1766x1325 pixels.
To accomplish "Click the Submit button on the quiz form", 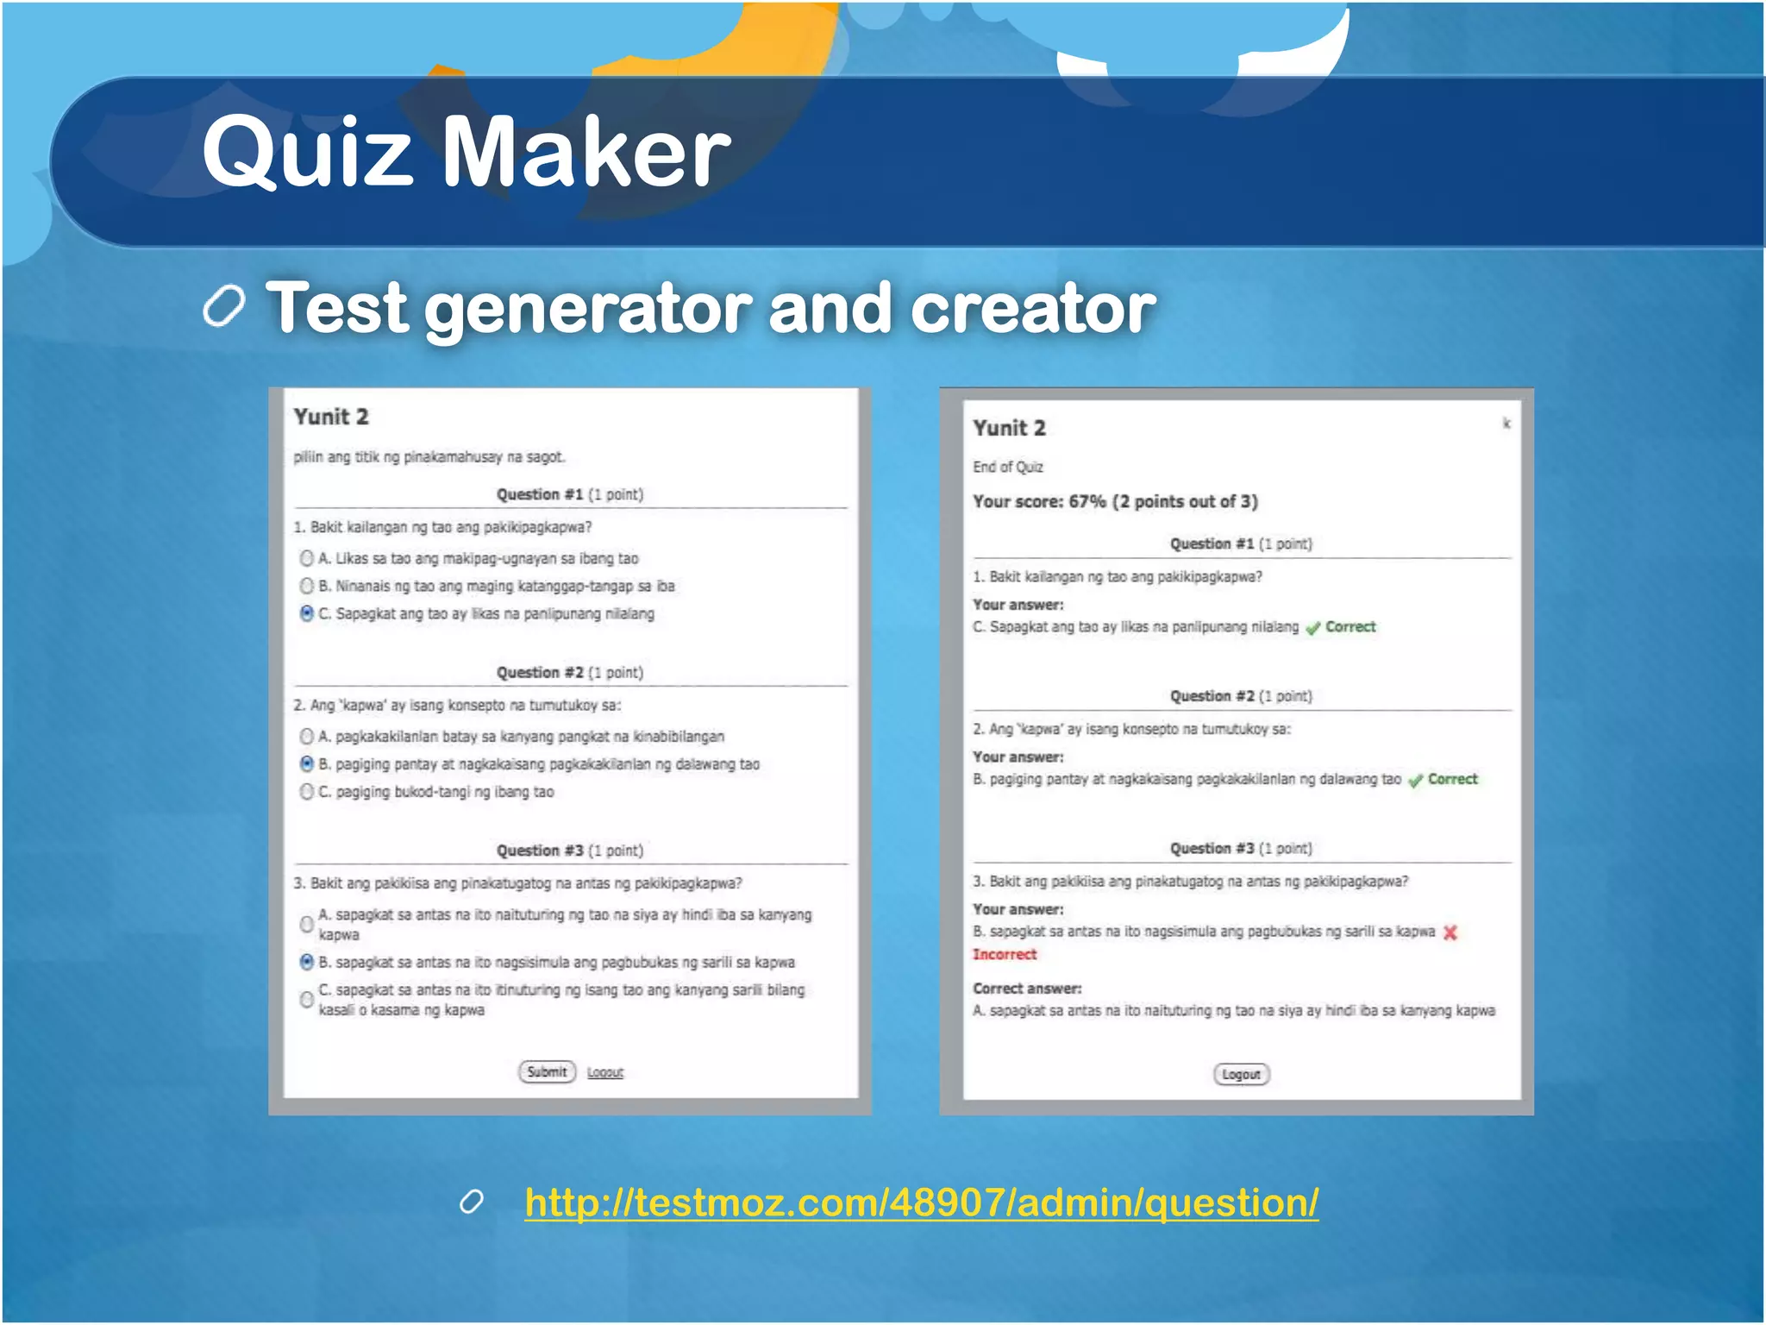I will pyautogui.click(x=547, y=1072).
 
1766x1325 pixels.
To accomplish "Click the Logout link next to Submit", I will pyautogui.click(x=605, y=1073).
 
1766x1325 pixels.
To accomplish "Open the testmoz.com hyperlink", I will pyautogui.click(x=921, y=1203).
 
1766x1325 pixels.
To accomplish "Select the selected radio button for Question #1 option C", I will pyautogui.click(x=306, y=613).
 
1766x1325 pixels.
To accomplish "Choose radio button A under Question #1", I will pyautogui.click(x=306, y=558).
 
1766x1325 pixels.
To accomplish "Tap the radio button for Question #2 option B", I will pyautogui.click(x=306, y=763).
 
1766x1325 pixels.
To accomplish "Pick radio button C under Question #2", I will pyautogui.click(x=306, y=791).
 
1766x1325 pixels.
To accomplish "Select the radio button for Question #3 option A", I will pyautogui.click(x=306, y=924).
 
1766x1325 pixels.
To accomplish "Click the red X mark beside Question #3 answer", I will pyautogui.click(x=1450, y=933).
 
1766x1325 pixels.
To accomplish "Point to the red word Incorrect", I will pyautogui.click(x=1005, y=954).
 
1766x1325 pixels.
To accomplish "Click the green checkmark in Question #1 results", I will pyautogui.click(x=1312, y=628).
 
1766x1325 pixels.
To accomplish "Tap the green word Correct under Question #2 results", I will pyautogui.click(x=1452, y=779).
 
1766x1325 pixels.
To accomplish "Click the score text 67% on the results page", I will pyautogui.click(x=1087, y=502).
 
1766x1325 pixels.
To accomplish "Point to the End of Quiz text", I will pyautogui.click(x=1008, y=467).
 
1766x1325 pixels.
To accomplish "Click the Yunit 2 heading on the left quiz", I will pyautogui.click(x=331, y=417).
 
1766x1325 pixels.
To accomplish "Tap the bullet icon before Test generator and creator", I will pyautogui.click(x=224, y=306).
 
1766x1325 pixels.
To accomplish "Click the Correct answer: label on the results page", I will pyautogui.click(x=1027, y=989).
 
